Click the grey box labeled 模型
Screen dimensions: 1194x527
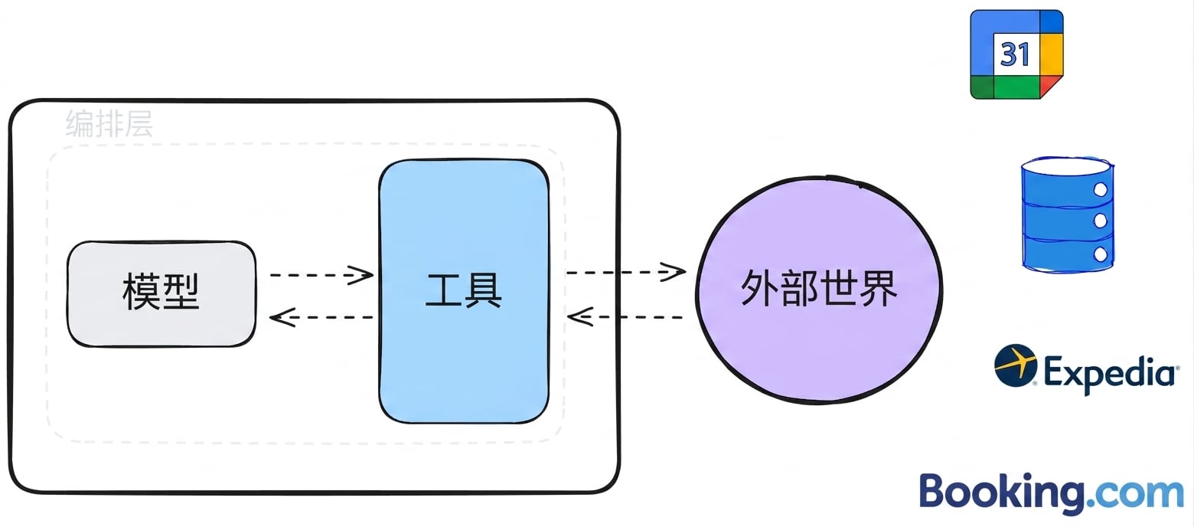(161, 294)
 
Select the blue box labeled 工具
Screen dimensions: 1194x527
(464, 291)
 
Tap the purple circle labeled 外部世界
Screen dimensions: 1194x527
(819, 290)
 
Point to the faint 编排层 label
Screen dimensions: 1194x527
(109, 123)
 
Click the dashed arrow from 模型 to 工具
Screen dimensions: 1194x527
(321, 275)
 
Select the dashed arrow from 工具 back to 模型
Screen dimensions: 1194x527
(321, 318)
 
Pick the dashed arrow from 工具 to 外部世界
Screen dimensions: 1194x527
(626, 272)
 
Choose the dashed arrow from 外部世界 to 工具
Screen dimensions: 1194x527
(626, 317)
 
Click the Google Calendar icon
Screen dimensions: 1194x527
(1016, 54)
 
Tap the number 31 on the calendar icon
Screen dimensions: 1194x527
(1015, 54)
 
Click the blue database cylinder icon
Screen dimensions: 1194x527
(1068, 215)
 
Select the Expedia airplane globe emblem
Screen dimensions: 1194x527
(1016, 365)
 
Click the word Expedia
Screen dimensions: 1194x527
(1111, 373)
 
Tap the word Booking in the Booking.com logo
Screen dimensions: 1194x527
(1002, 493)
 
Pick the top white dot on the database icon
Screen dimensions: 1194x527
(1101, 189)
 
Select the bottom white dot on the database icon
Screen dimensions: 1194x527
(1101, 254)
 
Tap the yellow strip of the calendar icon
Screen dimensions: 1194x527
(1052, 54)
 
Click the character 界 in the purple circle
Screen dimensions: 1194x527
(879, 289)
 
